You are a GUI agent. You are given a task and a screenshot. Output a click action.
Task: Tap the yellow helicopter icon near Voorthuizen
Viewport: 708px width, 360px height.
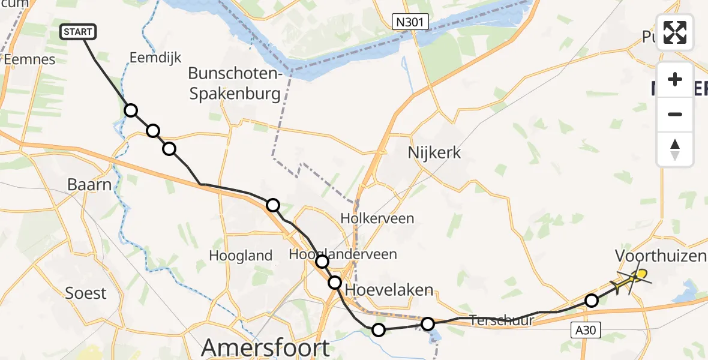click(634, 278)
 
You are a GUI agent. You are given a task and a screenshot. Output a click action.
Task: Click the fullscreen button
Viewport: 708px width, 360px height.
click(675, 33)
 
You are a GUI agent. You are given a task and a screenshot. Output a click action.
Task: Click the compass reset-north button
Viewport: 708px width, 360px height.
click(675, 149)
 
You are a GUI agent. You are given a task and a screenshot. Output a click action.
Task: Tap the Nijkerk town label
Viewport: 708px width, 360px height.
click(434, 152)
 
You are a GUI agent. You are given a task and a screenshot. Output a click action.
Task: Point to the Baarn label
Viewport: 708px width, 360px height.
click(89, 184)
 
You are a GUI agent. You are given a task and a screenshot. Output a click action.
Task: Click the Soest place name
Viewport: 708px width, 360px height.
click(86, 293)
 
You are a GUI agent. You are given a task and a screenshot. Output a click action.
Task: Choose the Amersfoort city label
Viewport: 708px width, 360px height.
click(265, 347)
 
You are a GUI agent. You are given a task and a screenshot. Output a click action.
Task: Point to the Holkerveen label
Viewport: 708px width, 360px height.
click(377, 218)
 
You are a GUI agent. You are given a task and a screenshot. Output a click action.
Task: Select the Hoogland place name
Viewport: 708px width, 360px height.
click(241, 256)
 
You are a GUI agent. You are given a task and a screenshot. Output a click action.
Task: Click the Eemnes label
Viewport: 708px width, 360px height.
click(29, 59)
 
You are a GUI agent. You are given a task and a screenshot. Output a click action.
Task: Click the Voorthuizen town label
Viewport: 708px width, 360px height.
click(660, 256)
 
